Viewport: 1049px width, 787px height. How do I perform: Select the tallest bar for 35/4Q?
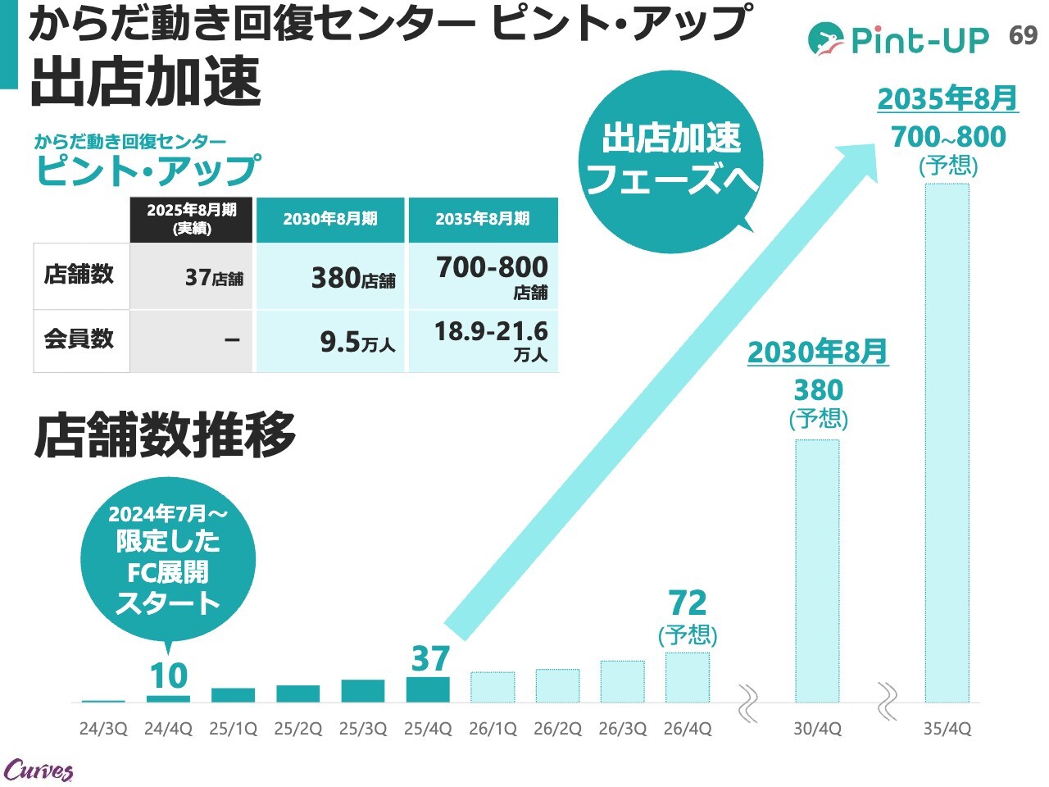point(947,443)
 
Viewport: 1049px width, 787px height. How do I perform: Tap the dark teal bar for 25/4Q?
point(428,689)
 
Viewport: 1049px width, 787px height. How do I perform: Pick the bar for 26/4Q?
point(688,677)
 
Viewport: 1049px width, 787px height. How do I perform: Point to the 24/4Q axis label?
point(168,729)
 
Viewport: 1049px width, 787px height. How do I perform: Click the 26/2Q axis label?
point(557,729)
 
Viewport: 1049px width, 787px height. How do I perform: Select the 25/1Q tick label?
point(233,729)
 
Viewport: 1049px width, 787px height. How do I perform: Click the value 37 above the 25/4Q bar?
point(430,658)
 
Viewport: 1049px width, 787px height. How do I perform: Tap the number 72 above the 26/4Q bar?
point(688,603)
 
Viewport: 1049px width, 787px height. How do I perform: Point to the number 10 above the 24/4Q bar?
point(169,676)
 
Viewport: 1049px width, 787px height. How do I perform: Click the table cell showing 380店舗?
point(331,277)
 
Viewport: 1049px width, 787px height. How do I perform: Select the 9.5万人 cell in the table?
point(331,341)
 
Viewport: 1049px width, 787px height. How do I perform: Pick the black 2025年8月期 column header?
point(191,219)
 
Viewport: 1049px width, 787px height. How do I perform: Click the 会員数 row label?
point(79,339)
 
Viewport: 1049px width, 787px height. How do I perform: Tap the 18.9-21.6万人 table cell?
point(484,341)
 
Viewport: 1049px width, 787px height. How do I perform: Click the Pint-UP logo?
point(898,39)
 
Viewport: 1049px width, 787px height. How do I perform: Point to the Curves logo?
point(39,770)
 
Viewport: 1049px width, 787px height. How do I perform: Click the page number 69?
point(1023,36)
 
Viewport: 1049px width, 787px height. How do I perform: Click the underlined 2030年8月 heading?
point(817,353)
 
